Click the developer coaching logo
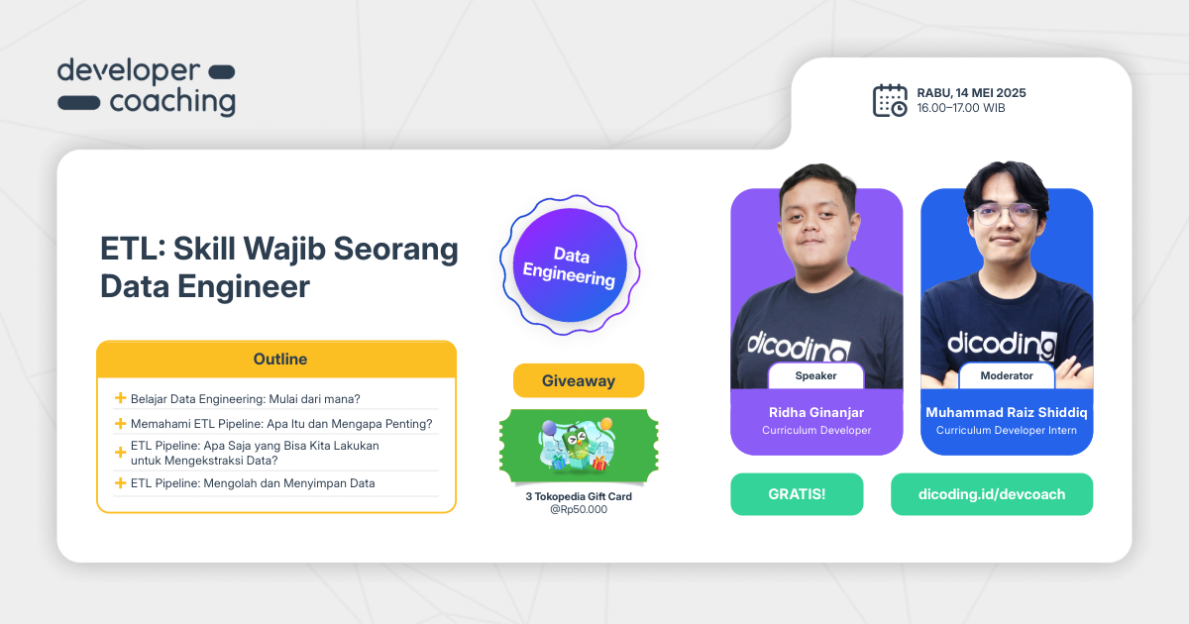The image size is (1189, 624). point(146,87)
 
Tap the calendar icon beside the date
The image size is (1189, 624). point(889,100)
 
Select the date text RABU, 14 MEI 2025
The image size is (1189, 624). point(971,93)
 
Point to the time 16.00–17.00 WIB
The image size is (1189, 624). point(960,108)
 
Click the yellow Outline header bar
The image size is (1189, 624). point(276,360)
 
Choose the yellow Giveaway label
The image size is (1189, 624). point(579,380)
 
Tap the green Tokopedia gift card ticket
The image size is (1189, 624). point(579,447)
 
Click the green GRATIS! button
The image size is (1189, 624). point(797,494)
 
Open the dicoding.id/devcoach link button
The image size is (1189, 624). point(991,494)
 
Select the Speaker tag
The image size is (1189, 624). point(815,376)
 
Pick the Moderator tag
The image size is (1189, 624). point(1006,376)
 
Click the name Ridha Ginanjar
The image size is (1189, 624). point(816,412)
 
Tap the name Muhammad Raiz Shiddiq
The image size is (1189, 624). point(1006,412)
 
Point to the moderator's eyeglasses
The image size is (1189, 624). point(1005,214)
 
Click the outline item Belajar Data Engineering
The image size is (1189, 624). point(245,399)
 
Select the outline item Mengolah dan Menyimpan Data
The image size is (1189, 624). point(253,483)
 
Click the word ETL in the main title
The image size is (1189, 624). point(130,250)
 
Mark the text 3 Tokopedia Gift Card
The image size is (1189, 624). point(579,496)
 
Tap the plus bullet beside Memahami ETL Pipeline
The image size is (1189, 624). point(120,424)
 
